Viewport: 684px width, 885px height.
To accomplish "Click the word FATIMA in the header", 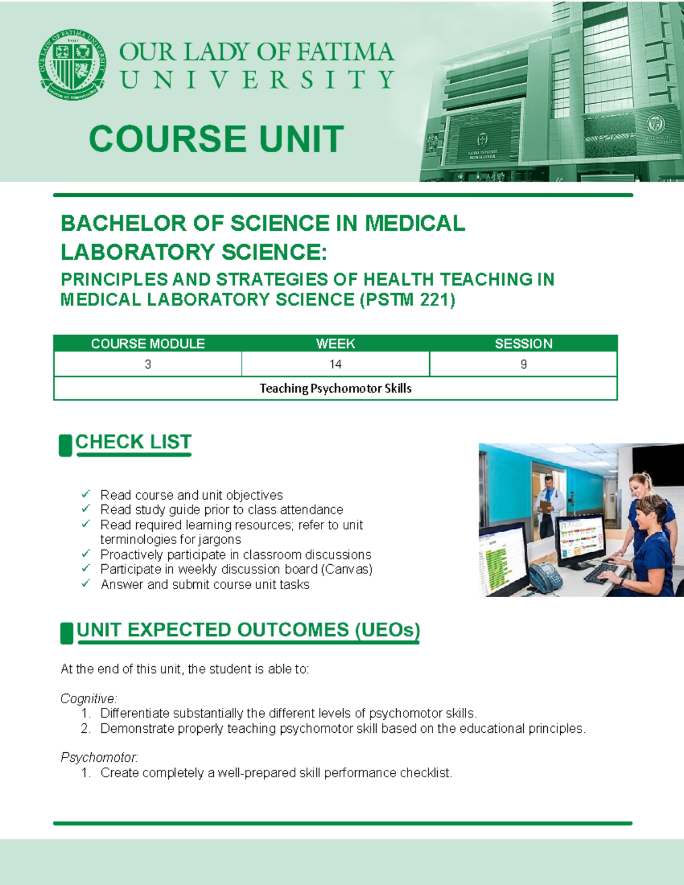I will click(x=345, y=52).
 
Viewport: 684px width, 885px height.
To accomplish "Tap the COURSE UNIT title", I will click(x=217, y=140).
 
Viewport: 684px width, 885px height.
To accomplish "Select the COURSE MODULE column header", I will click(x=148, y=344).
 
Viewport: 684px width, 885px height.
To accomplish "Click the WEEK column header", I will click(x=335, y=344).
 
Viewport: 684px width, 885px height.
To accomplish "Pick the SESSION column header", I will click(x=523, y=344).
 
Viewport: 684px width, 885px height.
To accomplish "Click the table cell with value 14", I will click(x=335, y=364).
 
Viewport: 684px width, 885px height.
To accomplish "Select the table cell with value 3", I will click(x=148, y=364).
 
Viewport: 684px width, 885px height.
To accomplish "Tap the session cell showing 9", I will click(x=523, y=364).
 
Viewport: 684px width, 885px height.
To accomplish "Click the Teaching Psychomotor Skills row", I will click(x=335, y=389).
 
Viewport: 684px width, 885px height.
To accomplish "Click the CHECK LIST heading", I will click(x=133, y=442).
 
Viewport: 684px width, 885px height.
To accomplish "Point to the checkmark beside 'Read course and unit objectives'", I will click(x=86, y=494).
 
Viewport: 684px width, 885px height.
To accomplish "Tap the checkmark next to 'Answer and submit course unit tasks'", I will click(x=86, y=584).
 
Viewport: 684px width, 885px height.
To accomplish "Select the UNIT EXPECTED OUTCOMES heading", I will click(x=248, y=630).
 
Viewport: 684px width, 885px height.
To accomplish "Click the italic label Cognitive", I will click(x=88, y=699).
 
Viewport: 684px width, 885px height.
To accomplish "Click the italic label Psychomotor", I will click(x=99, y=757).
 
